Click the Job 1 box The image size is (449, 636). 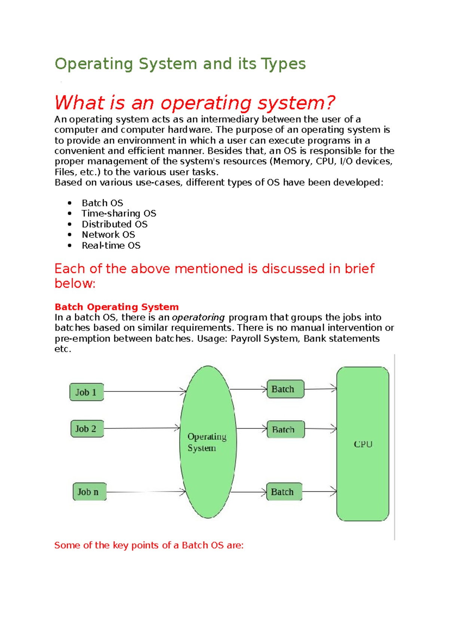(x=86, y=392)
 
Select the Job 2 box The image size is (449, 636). (x=87, y=429)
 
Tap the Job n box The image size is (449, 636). (x=89, y=492)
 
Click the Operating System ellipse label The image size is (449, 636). (x=207, y=442)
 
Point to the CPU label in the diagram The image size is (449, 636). (x=363, y=444)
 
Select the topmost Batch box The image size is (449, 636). (x=285, y=389)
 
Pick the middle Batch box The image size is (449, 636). (x=285, y=429)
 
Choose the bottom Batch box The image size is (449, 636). (x=284, y=492)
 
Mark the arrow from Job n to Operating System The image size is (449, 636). (x=146, y=492)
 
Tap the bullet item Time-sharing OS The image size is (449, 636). (x=119, y=213)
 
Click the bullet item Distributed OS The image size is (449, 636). (x=114, y=224)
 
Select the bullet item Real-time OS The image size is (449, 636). (x=111, y=246)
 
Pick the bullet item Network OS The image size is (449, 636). (x=108, y=235)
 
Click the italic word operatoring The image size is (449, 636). (x=198, y=318)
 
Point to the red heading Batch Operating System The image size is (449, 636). (x=116, y=307)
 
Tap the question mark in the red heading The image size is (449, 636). (x=330, y=103)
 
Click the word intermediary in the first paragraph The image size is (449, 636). (x=230, y=119)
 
